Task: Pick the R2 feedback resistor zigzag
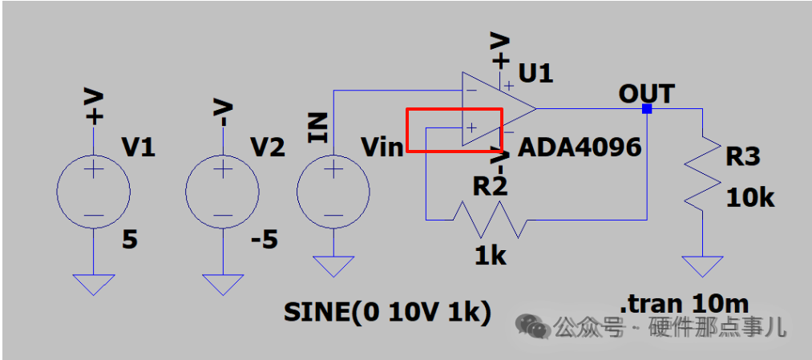point(491,220)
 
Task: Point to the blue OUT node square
point(647,109)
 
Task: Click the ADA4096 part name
point(580,148)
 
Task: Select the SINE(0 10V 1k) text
point(387,313)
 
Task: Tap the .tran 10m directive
point(684,304)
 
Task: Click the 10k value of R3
point(749,198)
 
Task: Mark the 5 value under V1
point(130,241)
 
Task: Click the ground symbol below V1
point(93,285)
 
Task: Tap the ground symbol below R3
point(702,266)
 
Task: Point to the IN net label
point(317,127)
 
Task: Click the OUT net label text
point(646,95)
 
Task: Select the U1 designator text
point(535,75)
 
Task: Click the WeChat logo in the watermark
point(531,326)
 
